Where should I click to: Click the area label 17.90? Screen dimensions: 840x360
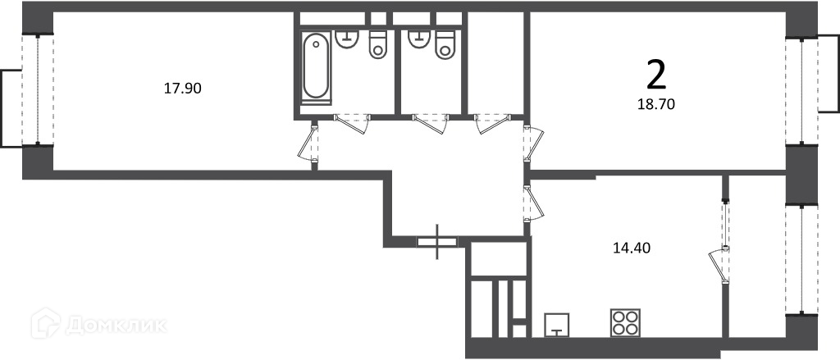pos(182,89)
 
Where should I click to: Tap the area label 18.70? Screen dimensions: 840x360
pos(655,104)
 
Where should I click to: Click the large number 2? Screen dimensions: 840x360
pos(656,75)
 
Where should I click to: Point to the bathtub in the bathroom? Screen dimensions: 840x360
pos(316,67)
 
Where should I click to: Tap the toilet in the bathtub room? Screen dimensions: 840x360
pos(377,44)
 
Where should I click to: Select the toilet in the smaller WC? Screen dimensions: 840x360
pos(445,44)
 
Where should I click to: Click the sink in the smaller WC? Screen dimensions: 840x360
pos(419,39)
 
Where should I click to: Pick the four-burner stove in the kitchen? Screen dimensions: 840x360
pos(624,323)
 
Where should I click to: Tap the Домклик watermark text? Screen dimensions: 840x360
pos(116,325)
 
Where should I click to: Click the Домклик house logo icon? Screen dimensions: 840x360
pos(46,323)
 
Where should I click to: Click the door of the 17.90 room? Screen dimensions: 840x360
pos(309,142)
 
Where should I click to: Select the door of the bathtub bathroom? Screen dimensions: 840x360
pos(350,124)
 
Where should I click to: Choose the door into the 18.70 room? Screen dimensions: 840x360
pos(534,143)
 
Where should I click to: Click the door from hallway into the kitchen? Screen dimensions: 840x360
pos(534,203)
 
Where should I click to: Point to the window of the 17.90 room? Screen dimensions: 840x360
pos(38,90)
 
